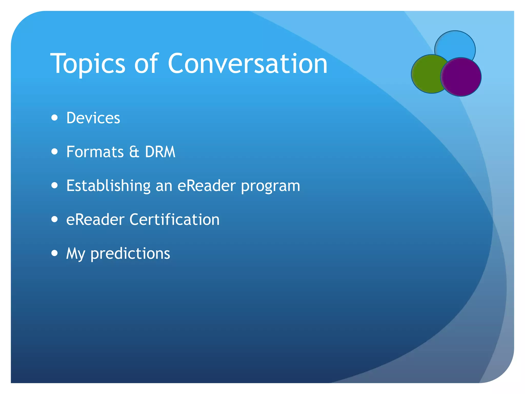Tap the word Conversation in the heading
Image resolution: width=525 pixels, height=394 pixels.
tap(247, 64)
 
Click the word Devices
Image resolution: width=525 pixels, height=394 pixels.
tap(93, 118)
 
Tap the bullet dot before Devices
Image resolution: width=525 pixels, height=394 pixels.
tap(54, 118)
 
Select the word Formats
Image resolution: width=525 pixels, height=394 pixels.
tap(95, 152)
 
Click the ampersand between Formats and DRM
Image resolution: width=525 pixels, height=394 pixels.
tap(134, 152)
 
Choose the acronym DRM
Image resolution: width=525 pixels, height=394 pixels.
tap(160, 152)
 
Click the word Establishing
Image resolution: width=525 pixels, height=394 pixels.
tap(108, 186)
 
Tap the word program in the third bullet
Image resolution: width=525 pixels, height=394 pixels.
tap(270, 186)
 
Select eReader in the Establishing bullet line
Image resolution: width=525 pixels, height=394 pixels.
tap(206, 186)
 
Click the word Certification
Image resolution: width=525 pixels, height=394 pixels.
tap(174, 220)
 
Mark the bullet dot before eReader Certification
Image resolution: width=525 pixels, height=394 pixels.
tap(54, 219)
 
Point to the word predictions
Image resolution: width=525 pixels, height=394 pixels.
tap(130, 254)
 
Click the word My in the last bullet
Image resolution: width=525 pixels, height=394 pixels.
tap(75, 254)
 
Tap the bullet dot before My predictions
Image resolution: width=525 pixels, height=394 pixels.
tap(54, 253)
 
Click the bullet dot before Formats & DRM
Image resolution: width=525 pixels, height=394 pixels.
tap(54, 152)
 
